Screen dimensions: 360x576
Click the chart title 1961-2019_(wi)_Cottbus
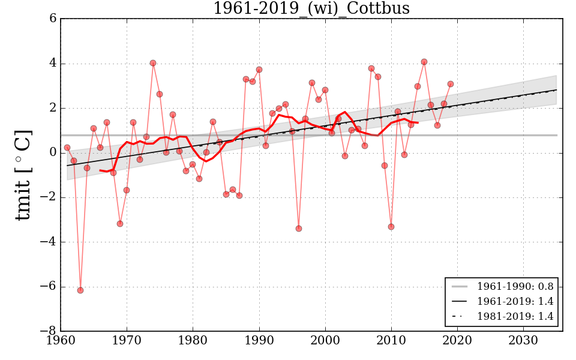pos(311,8)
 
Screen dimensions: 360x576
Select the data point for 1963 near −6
pos(80,290)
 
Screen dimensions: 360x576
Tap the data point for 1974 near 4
pos(153,63)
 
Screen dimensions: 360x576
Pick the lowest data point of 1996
pos(299,229)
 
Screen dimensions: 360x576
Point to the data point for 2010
pos(391,227)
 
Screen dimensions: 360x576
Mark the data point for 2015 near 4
pos(424,62)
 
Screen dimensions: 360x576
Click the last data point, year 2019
pos(451,84)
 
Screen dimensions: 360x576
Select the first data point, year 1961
pos(67,148)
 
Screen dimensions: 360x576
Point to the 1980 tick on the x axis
pos(193,331)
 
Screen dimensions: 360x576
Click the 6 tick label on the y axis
pos(53,19)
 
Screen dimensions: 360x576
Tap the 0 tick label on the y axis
pos(53,153)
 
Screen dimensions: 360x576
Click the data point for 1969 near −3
pos(120,224)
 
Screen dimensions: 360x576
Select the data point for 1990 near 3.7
pos(259,70)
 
